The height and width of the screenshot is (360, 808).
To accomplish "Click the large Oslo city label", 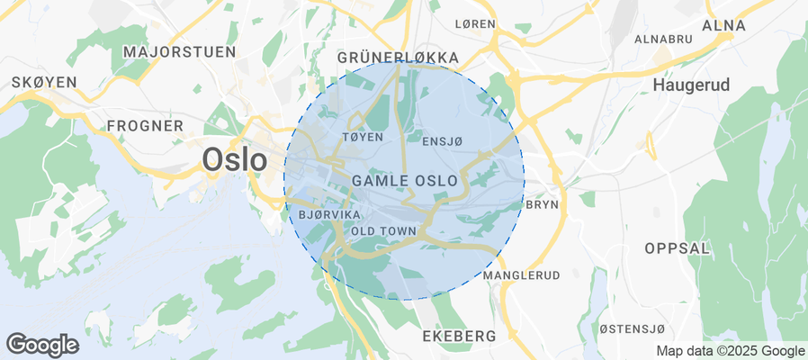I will [x=235, y=160].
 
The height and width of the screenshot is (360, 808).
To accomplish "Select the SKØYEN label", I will [x=44, y=82].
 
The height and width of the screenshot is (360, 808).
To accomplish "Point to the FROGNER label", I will [x=145, y=125].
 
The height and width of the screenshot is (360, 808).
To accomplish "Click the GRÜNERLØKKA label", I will [x=398, y=58].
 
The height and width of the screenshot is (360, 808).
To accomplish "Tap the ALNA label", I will [x=723, y=25].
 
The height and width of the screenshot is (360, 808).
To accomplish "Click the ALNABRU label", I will [x=662, y=40].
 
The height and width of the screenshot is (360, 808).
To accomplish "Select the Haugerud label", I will [x=691, y=85].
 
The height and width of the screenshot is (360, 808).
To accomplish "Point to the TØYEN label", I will [x=364, y=137].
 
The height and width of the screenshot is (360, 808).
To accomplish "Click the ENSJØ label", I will [x=442, y=140].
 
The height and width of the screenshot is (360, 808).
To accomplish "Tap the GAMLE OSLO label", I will [x=404, y=181].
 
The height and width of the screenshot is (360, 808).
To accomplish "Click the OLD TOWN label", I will [x=383, y=231].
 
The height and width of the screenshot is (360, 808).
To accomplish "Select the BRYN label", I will [x=542, y=204].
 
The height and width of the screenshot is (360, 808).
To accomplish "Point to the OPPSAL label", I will [x=678, y=247].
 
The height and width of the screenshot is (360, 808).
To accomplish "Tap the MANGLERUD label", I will [x=522, y=274].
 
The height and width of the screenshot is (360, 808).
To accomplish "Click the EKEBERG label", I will [x=459, y=336].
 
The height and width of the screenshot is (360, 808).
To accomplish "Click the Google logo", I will [x=42, y=344].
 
